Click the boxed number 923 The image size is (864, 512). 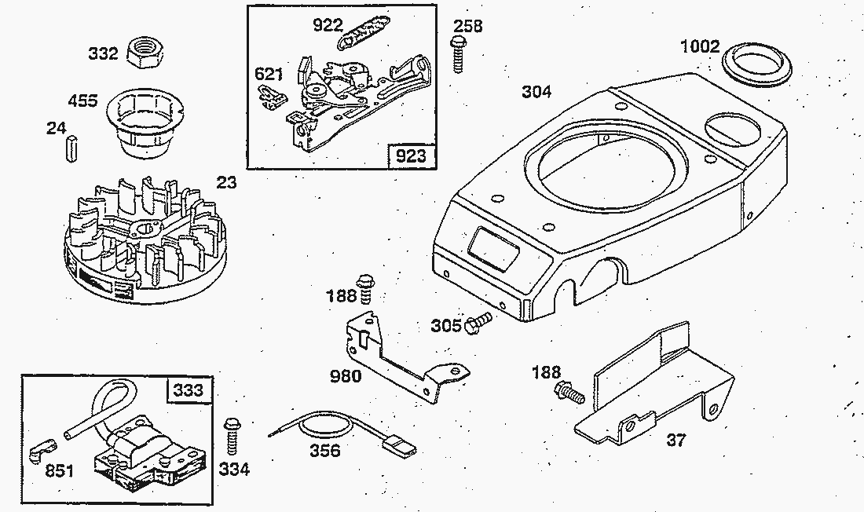click(x=411, y=155)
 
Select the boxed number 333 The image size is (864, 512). click(x=188, y=390)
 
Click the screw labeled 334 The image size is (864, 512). click(x=232, y=435)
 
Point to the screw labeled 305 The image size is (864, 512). click(x=477, y=322)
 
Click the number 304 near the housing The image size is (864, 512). click(x=536, y=92)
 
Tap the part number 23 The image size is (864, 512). click(x=227, y=183)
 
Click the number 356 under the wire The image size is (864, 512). click(x=324, y=451)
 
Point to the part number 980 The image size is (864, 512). click(x=345, y=376)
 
